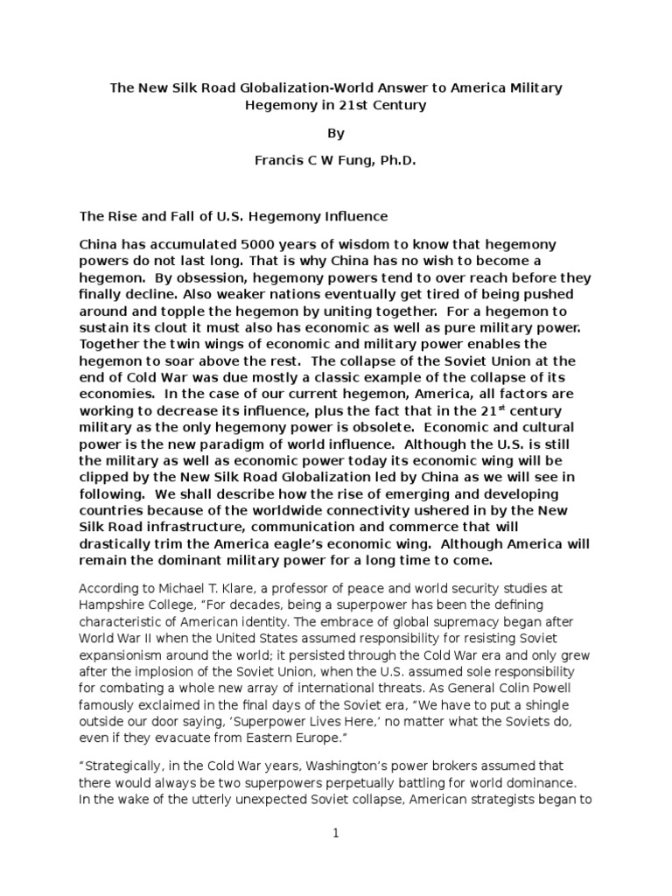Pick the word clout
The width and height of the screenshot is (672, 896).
pyautogui.click(x=176, y=328)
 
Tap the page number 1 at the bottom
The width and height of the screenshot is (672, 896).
pyautogui.click(x=335, y=834)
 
